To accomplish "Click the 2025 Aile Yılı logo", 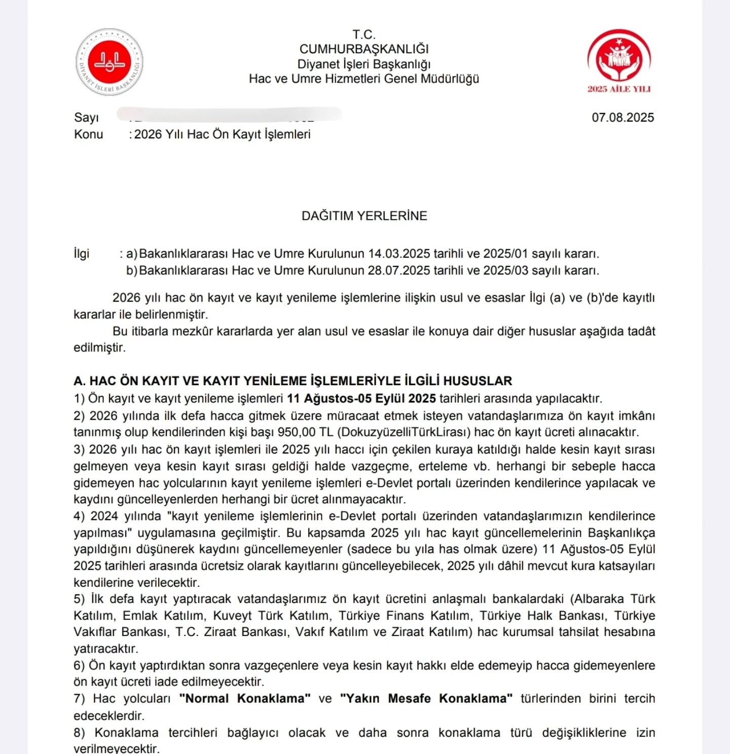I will coord(619,61).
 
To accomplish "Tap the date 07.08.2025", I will coord(623,118).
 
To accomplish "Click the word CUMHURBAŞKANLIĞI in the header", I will coord(364,49).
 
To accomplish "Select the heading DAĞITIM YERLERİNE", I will coord(364,216).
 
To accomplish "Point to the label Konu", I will coord(89,134).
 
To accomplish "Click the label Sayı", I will coord(86,118).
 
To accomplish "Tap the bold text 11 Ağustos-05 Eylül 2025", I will coord(361,398).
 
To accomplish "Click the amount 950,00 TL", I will coord(305,432).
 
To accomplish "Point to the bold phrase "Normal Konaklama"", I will coord(245,699).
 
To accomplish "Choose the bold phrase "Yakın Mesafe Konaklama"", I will coord(426,699).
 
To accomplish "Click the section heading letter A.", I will coord(79,381).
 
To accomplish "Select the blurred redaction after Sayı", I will coord(228,115).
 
